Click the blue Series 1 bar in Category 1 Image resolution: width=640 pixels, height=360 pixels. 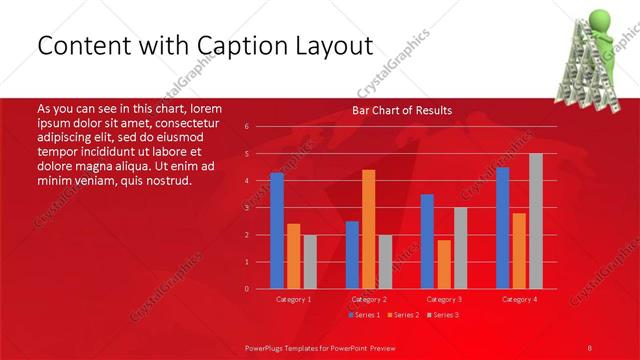(x=277, y=231)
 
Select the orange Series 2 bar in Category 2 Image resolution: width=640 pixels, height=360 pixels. (x=369, y=229)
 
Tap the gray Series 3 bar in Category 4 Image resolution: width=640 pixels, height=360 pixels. (x=536, y=221)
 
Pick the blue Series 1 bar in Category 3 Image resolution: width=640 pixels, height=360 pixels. (x=427, y=241)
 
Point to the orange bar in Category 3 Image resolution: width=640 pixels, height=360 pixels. (x=443, y=264)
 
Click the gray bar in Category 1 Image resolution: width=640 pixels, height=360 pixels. (x=310, y=262)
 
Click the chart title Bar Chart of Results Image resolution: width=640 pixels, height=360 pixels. (x=401, y=110)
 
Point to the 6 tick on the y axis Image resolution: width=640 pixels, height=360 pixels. (x=246, y=127)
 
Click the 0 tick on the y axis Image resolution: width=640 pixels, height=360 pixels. (x=246, y=289)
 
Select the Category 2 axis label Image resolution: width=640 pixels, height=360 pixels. (x=369, y=299)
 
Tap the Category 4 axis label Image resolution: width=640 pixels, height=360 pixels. (x=519, y=299)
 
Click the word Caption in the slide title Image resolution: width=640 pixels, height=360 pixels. (x=241, y=46)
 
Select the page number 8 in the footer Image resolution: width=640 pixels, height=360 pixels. (x=590, y=346)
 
